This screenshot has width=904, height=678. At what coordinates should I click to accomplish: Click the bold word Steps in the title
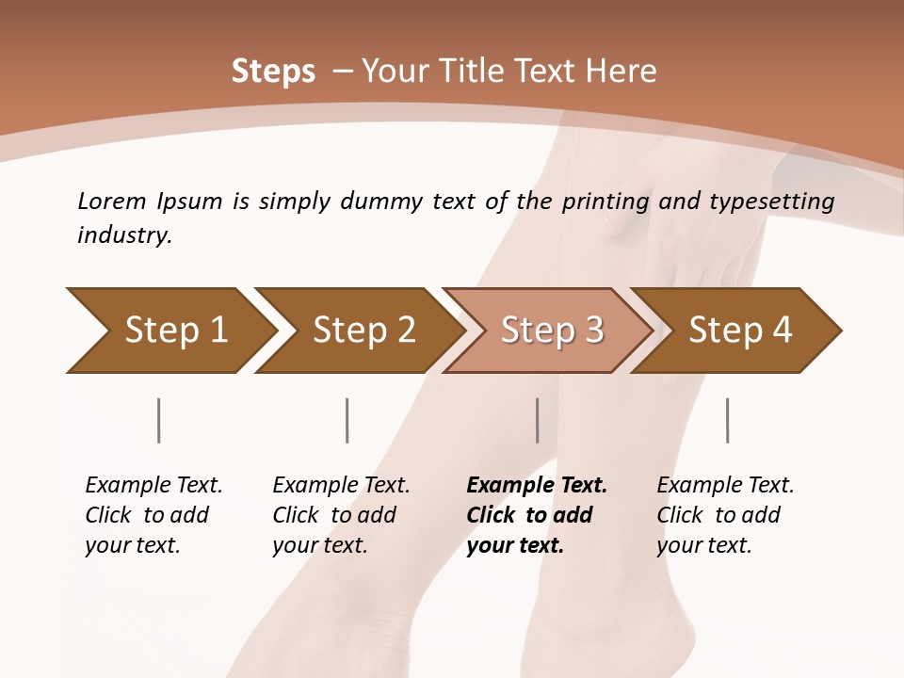(273, 72)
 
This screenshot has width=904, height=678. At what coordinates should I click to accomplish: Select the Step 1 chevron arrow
(169, 331)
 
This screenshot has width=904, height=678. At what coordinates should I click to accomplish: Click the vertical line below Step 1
(158, 420)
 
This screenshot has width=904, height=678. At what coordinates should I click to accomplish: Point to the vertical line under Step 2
(347, 420)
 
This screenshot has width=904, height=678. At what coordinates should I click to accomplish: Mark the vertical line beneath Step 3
(537, 420)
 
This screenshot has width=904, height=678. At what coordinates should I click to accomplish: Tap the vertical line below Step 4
(727, 420)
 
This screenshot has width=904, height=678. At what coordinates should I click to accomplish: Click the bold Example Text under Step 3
(537, 486)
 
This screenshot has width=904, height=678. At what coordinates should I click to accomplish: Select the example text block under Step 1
(153, 515)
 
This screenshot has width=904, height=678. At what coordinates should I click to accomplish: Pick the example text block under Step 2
(341, 515)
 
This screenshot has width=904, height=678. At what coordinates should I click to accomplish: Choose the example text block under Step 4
(725, 515)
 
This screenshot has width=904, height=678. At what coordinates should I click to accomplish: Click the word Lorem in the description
(112, 201)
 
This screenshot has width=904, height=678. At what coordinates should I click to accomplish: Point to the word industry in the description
(123, 235)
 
